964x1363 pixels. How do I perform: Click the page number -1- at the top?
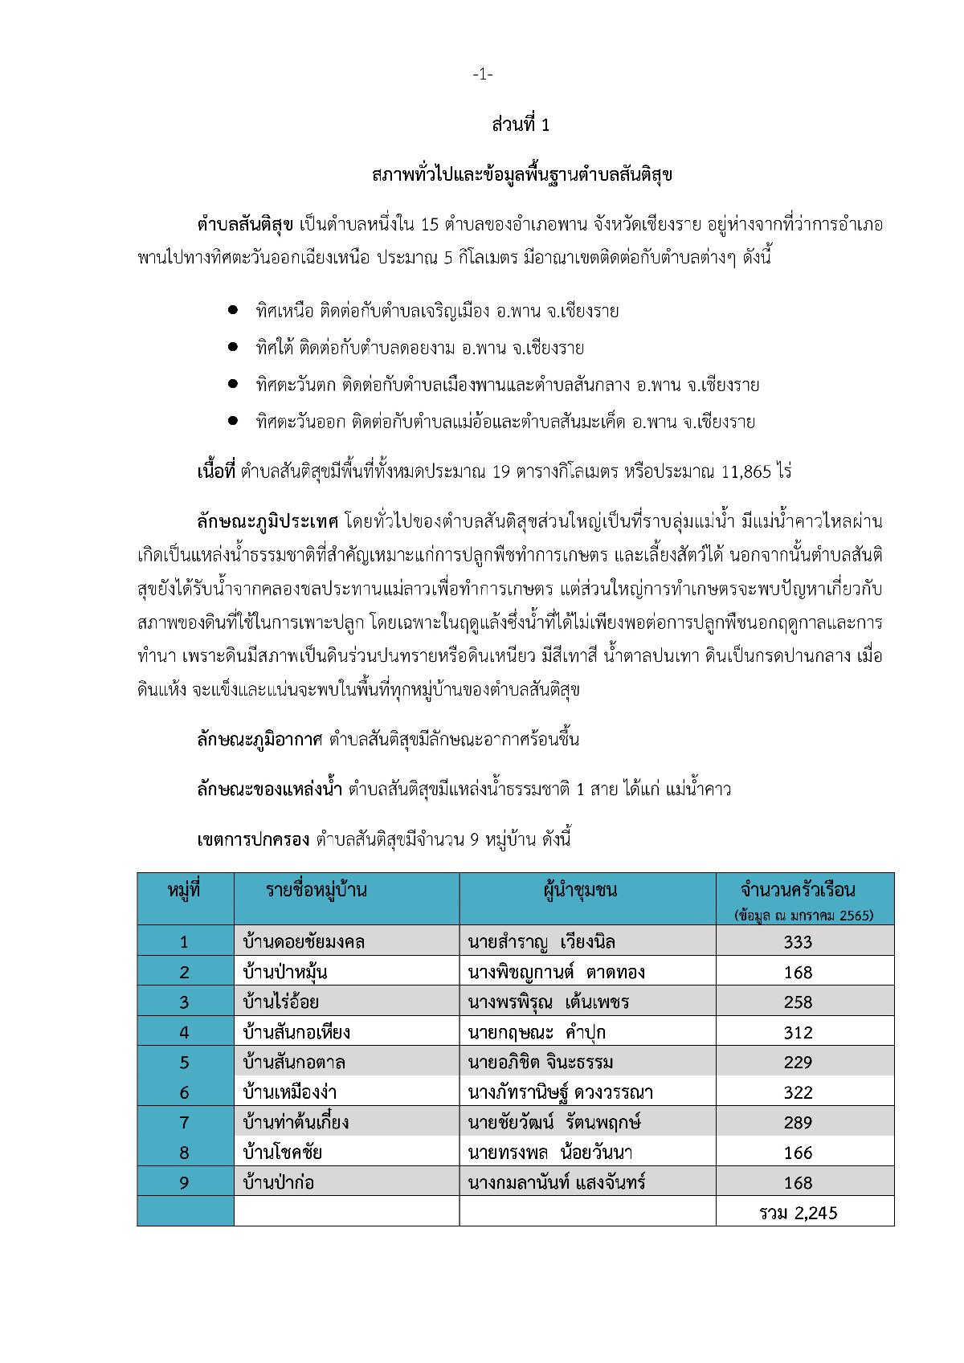(x=482, y=75)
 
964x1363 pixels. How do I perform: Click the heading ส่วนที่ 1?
(x=521, y=125)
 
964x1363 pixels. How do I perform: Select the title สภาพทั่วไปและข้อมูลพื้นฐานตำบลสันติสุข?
(x=521, y=174)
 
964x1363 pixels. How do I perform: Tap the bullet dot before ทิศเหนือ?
(x=233, y=309)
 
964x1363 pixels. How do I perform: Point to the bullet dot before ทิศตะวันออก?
(x=233, y=420)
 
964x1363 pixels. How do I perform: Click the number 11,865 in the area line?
(x=754, y=471)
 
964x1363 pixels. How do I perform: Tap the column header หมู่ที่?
(x=185, y=891)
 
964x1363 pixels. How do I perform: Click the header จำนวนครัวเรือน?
(x=798, y=891)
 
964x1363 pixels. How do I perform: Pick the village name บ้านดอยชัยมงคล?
(x=304, y=941)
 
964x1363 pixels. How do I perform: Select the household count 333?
(x=798, y=942)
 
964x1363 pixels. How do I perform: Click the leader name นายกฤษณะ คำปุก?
(x=536, y=1032)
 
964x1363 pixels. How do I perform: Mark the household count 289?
(x=798, y=1123)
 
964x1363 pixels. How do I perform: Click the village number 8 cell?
(x=185, y=1153)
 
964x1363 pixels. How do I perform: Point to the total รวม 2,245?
(x=798, y=1213)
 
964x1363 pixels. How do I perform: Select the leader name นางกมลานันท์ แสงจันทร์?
(x=556, y=1182)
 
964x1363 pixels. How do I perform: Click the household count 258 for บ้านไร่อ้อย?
(x=798, y=1002)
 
